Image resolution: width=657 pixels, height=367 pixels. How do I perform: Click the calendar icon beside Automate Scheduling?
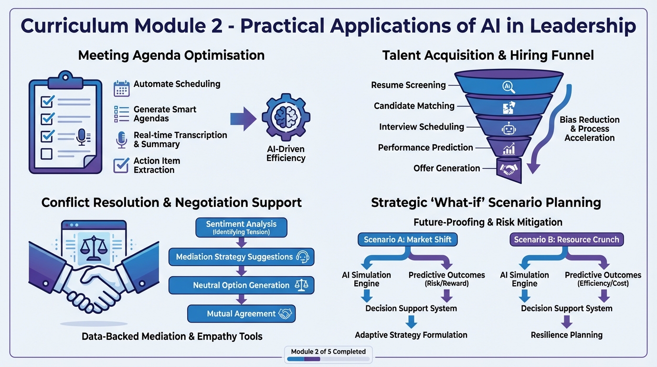tap(121, 89)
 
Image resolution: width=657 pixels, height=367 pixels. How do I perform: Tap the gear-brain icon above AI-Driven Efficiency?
tap(286, 117)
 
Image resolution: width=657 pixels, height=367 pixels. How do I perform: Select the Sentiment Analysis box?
tap(241, 227)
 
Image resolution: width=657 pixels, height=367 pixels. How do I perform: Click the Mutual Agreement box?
tap(242, 314)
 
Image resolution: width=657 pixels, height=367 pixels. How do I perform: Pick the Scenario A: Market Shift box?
tap(407, 239)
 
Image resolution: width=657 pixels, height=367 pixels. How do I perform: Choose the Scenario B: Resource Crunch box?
tap(566, 239)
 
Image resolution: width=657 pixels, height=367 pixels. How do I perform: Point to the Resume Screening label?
tap(408, 85)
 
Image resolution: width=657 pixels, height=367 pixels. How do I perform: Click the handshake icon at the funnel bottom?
tap(508, 169)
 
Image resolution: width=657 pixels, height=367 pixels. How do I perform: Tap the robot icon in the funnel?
tap(508, 128)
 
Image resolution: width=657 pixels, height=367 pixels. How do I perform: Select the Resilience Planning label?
tap(566, 335)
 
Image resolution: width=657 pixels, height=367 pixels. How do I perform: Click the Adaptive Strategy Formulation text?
tap(411, 335)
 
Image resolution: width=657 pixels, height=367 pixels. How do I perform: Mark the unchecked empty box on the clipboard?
tap(46, 154)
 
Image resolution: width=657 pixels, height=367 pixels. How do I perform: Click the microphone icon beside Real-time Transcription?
tap(121, 140)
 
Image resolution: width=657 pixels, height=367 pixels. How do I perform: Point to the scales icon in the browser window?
tap(93, 247)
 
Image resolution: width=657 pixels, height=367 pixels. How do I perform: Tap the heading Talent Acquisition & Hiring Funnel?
tap(488, 55)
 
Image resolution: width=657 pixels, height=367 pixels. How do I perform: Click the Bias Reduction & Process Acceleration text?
tap(589, 129)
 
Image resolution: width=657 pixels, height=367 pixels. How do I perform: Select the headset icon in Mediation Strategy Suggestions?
tap(303, 257)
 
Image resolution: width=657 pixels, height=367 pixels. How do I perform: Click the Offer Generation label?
tap(446, 168)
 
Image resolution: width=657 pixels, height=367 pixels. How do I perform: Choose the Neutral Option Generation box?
tap(241, 285)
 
